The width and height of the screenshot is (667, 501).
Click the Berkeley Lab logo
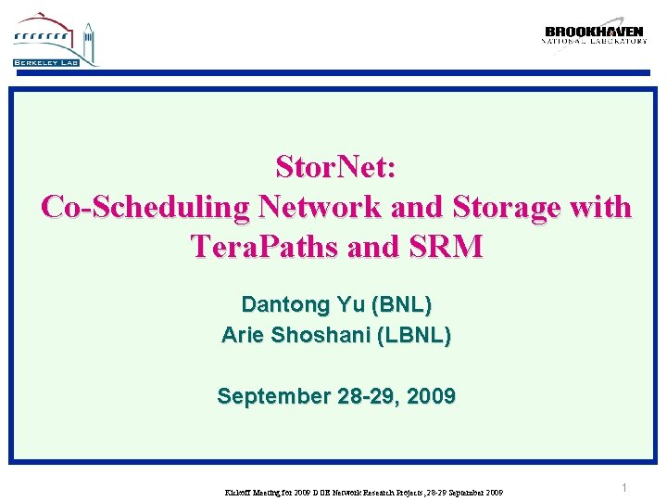pyautogui.click(x=55, y=41)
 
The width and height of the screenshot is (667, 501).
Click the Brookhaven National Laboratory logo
pyautogui.click(x=594, y=35)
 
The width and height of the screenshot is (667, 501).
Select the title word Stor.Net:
pyautogui.click(x=336, y=167)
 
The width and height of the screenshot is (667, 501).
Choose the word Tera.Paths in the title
pyautogui.click(x=263, y=246)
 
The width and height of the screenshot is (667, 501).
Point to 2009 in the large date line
pyautogui.click(x=431, y=396)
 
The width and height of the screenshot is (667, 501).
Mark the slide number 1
pyautogui.click(x=624, y=488)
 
